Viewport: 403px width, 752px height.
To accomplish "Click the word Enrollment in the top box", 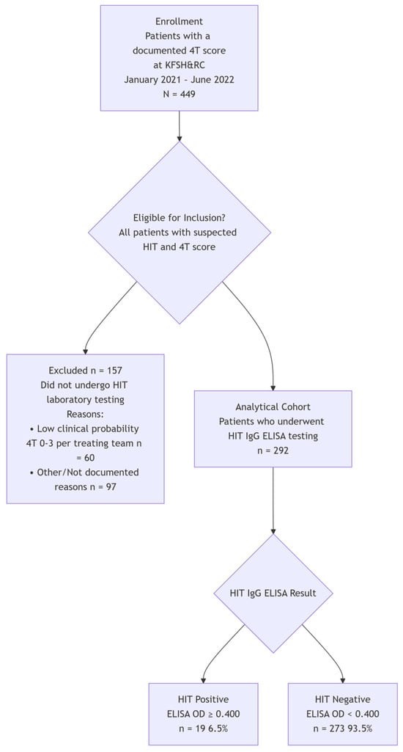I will click(179, 22).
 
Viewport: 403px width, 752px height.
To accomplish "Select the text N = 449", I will click(179, 94).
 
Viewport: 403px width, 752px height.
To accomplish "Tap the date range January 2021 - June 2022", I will click(179, 80).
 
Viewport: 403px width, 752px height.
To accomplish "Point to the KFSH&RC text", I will click(179, 65).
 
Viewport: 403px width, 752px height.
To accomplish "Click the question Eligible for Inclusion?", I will click(180, 218).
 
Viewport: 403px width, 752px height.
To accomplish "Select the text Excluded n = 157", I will click(85, 371).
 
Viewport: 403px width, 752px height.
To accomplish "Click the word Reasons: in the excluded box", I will click(85, 415).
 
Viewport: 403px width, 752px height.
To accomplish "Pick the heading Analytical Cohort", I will click(273, 407).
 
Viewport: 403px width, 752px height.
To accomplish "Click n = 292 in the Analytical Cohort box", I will click(273, 450).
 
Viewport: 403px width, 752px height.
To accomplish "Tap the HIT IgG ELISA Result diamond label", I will click(273, 593).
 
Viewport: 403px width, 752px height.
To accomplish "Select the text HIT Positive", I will click(203, 699).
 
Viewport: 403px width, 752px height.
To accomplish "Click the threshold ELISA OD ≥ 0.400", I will click(203, 714).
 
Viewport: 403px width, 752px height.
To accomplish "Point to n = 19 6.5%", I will click(203, 729).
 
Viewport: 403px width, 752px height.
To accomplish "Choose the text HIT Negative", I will click(343, 699).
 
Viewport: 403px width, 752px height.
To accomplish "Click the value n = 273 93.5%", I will click(343, 729).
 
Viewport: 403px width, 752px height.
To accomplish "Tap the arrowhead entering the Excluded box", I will click(85, 349).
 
